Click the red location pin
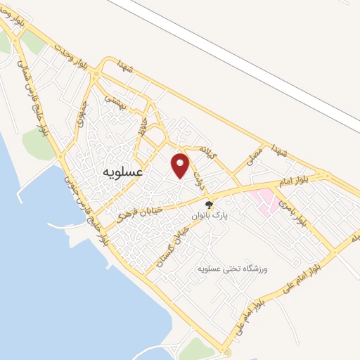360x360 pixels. click(x=181, y=165)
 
